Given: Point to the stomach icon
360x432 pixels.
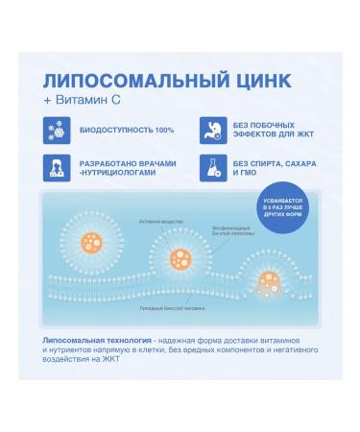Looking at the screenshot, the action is (x=212, y=131).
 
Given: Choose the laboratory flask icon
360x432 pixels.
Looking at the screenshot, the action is (x=212, y=170).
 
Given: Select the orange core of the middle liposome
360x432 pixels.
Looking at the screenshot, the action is (x=180, y=258).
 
